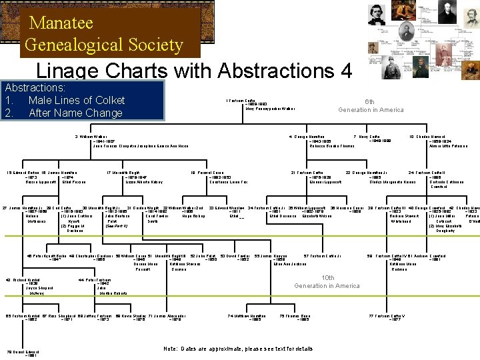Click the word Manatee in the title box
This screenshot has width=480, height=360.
[x=61, y=23]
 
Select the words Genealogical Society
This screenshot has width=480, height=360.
[x=103, y=45]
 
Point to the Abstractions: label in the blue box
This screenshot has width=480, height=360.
[x=35, y=87]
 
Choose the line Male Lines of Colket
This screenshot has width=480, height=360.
[x=76, y=100]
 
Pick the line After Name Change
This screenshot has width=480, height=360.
[x=75, y=113]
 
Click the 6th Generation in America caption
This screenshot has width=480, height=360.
[x=370, y=105]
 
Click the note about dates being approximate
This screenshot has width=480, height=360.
[x=238, y=349]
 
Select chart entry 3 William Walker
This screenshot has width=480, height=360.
[x=93, y=137]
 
